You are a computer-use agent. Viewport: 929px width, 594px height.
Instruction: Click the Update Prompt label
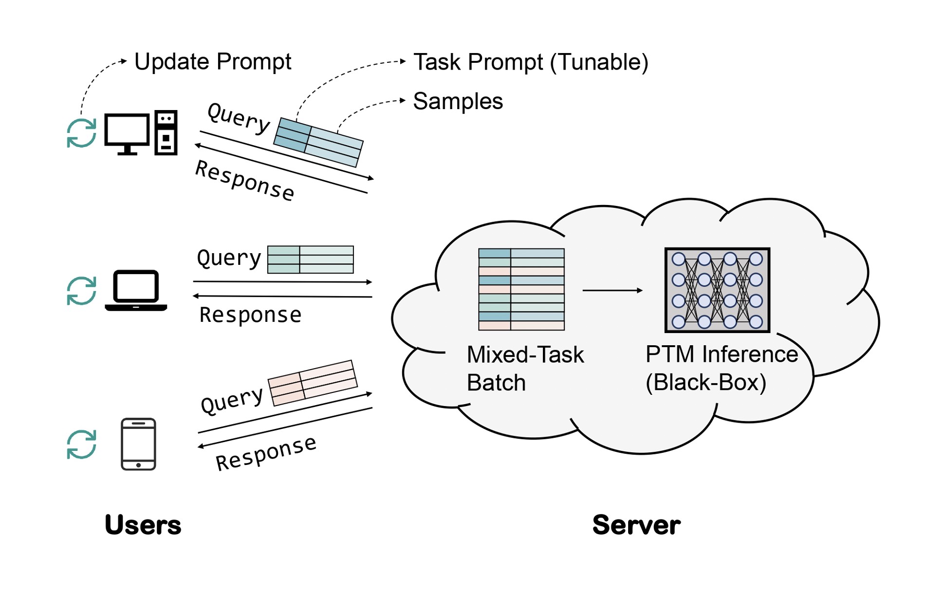point(212,62)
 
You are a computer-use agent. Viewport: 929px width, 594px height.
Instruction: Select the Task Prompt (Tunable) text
point(530,62)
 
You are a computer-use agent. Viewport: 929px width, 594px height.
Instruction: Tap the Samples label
point(458,101)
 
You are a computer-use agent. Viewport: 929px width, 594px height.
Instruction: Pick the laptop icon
point(136,290)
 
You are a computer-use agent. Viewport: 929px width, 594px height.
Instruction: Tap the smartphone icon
point(138,444)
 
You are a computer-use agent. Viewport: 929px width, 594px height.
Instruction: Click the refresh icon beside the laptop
point(81,291)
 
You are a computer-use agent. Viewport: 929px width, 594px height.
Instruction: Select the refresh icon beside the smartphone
point(81,444)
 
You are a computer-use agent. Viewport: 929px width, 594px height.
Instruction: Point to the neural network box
point(717,290)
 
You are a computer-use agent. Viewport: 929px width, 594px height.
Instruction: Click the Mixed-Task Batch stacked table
point(521,289)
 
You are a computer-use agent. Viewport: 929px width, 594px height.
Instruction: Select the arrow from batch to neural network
point(612,291)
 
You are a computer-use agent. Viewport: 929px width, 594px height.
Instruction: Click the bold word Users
point(143,525)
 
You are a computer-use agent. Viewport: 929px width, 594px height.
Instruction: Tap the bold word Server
point(636,525)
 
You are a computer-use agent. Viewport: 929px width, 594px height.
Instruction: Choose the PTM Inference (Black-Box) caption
point(721,368)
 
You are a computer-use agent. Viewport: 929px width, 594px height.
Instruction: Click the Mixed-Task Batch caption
point(525,369)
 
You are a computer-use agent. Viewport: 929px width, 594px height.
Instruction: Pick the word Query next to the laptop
point(229,258)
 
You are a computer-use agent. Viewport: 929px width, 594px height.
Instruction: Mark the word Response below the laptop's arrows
point(250,315)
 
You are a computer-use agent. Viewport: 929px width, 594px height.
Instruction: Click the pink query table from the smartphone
point(313,383)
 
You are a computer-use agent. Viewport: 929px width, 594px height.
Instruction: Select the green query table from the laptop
point(311,260)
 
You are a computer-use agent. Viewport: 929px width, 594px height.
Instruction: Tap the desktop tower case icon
point(166,132)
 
